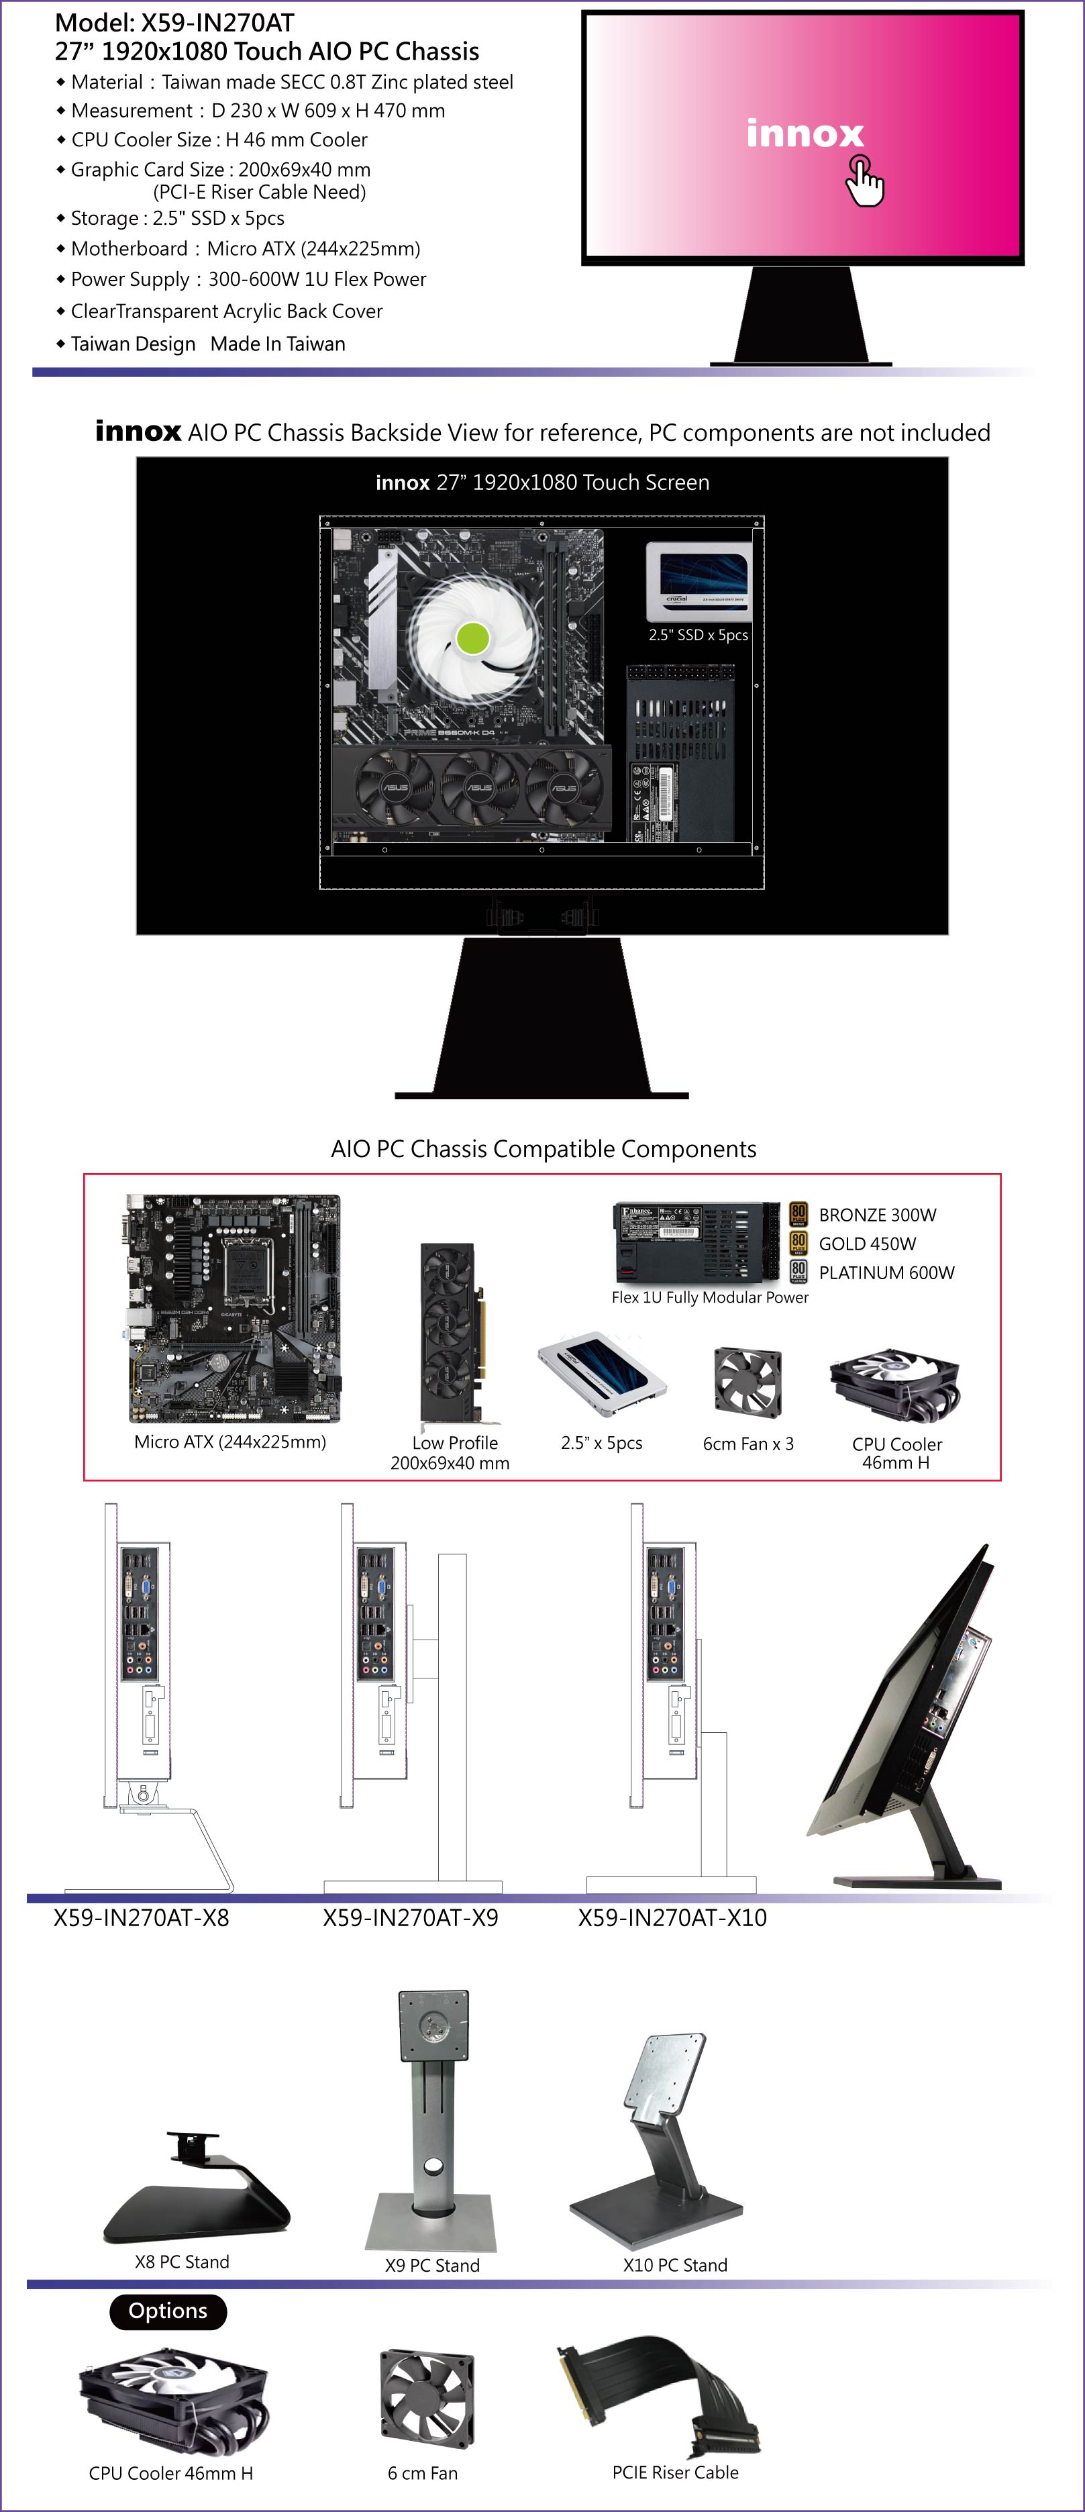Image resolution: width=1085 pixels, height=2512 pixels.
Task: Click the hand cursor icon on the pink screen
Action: point(864,181)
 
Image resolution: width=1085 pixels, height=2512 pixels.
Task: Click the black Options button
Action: point(168,2311)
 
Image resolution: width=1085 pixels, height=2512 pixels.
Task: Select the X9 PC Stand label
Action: point(432,2265)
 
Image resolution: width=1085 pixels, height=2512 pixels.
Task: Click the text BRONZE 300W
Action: point(878,1215)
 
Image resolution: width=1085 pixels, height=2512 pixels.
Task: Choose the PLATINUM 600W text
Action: point(886,1272)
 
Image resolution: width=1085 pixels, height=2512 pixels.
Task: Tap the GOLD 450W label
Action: point(868,1244)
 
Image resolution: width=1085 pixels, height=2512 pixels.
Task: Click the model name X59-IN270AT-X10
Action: point(672,1917)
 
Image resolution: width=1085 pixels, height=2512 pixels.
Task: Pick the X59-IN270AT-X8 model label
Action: point(142,1917)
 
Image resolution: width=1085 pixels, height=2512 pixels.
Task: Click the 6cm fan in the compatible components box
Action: point(747,1382)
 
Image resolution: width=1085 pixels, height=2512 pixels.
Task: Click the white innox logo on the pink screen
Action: point(805,133)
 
